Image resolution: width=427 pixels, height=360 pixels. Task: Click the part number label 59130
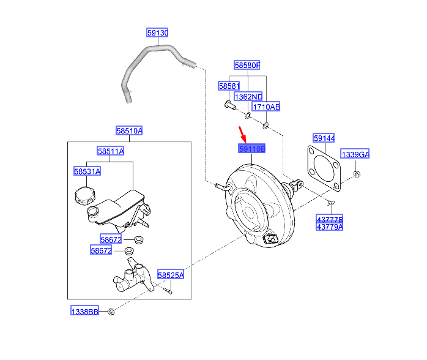[157, 33]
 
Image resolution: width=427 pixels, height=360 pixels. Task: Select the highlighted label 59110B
[251, 149]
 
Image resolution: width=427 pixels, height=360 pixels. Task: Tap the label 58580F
[247, 64]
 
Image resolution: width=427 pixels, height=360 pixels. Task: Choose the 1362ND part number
[248, 97]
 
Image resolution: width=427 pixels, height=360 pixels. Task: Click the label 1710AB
[267, 107]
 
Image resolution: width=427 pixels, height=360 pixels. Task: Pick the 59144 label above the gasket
[324, 139]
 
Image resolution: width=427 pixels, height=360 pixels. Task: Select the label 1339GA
[355, 154]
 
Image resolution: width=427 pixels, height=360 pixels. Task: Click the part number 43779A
[330, 227]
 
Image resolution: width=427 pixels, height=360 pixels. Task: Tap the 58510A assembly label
[129, 130]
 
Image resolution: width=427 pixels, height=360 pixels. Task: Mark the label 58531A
[87, 171]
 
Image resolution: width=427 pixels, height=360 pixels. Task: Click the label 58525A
[171, 275]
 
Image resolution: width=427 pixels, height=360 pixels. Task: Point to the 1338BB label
[84, 312]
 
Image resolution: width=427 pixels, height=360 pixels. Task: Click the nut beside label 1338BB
[111, 312]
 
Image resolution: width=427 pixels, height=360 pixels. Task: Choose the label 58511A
[110, 151]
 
